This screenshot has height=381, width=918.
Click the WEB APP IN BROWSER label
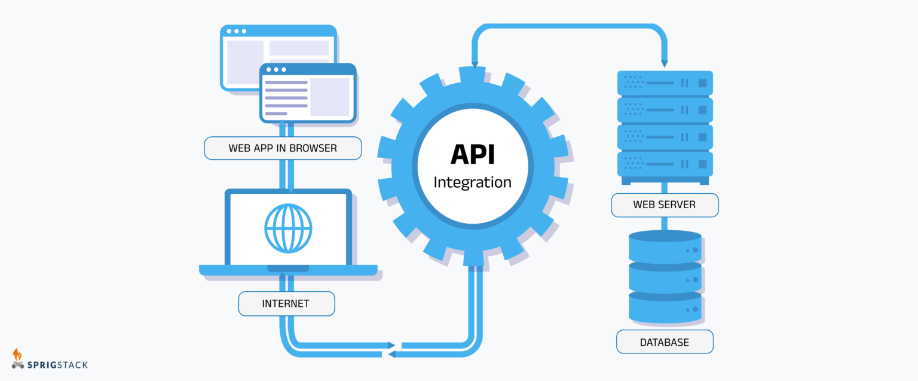tap(283, 148)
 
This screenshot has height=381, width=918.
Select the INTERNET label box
tap(286, 304)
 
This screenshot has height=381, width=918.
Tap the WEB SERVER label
tap(664, 205)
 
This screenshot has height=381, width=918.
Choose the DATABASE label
tap(664, 342)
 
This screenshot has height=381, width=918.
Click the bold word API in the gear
tap(472, 155)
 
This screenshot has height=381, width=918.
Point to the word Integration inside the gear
tap(472, 182)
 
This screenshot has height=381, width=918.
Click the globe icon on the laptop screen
tap(288, 228)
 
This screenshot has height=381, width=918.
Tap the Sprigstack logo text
tap(57, 364)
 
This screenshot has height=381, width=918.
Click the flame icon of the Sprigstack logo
tap(17, 354)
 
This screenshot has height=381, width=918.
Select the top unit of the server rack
tap(665, 83)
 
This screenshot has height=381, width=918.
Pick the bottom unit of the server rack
tap(665, 163)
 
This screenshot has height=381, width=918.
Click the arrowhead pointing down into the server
tap(664, 63)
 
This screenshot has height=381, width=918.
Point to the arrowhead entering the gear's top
tap(475, 65)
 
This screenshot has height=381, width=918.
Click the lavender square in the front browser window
tap(329, 96)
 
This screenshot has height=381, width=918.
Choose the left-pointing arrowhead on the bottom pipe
tap(392, 355)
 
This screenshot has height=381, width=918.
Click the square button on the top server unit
tap(702, 83)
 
